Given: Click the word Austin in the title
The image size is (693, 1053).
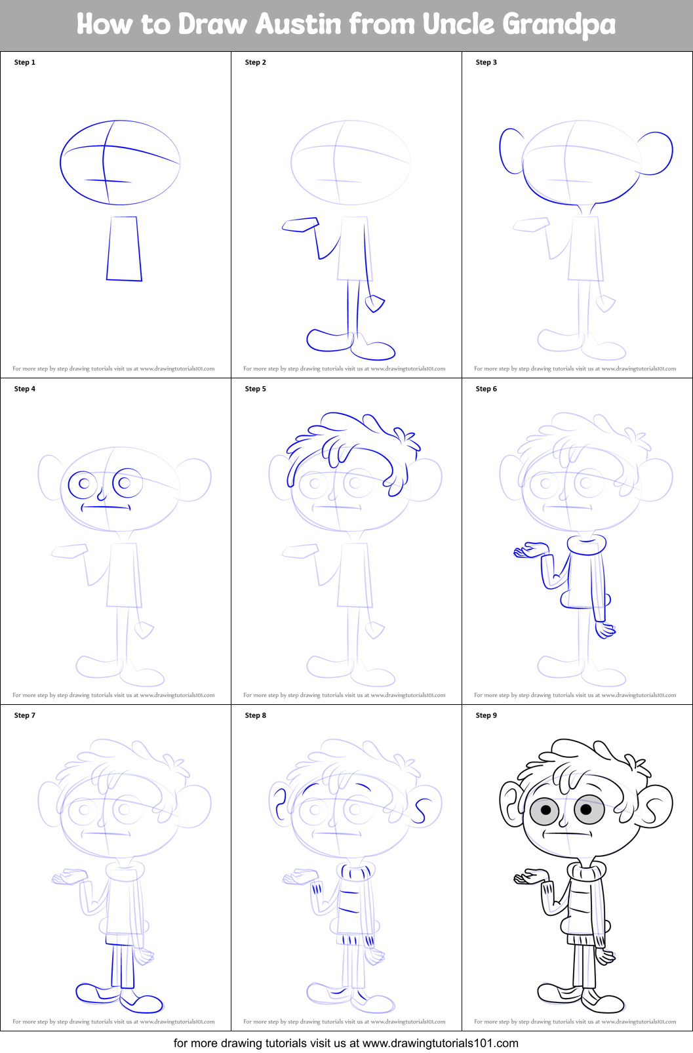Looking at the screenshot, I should coord(298,25).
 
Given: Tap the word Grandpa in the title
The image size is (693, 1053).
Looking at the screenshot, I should coord(559,25).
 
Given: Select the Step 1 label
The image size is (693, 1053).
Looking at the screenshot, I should coord(25,62).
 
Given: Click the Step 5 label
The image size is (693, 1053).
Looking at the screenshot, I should coord(256,389).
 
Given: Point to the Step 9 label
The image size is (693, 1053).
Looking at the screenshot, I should coord(486,715).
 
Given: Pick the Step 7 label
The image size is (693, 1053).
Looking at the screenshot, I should coord(25,715).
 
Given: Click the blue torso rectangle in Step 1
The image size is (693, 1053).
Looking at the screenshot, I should coord(124,248).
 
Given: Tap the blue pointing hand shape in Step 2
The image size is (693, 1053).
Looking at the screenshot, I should coord(300,225).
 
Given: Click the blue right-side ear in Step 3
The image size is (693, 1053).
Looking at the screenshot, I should coord(656,153).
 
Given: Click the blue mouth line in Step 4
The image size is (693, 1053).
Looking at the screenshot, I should coord(106,506).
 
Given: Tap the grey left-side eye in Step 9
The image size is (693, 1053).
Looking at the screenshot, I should coord(545,810).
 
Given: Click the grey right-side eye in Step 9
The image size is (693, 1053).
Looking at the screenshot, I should coord(588,808).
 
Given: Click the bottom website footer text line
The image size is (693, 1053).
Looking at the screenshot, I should coord(346,1043).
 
